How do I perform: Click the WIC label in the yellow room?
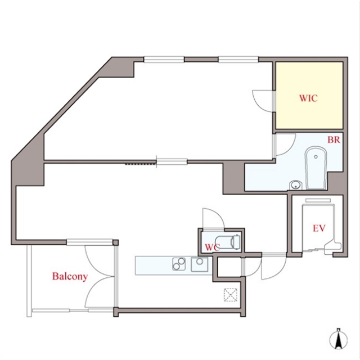[308, 98]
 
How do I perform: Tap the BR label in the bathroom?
[334, 140]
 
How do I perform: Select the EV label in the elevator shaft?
[319, 228]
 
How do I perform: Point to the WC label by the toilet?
[213, 247]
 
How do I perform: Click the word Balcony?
[70, 276]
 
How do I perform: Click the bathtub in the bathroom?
[316, 168]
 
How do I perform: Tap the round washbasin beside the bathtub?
[295, 185]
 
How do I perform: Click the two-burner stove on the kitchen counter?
[179, 264]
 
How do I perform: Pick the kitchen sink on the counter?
[200, 264]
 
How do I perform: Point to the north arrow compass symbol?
[338, 339]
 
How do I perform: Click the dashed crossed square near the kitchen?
[231, 295]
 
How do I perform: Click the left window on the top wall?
[164, 59]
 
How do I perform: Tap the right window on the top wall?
[238, 59]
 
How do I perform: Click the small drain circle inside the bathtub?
[316, 157]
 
